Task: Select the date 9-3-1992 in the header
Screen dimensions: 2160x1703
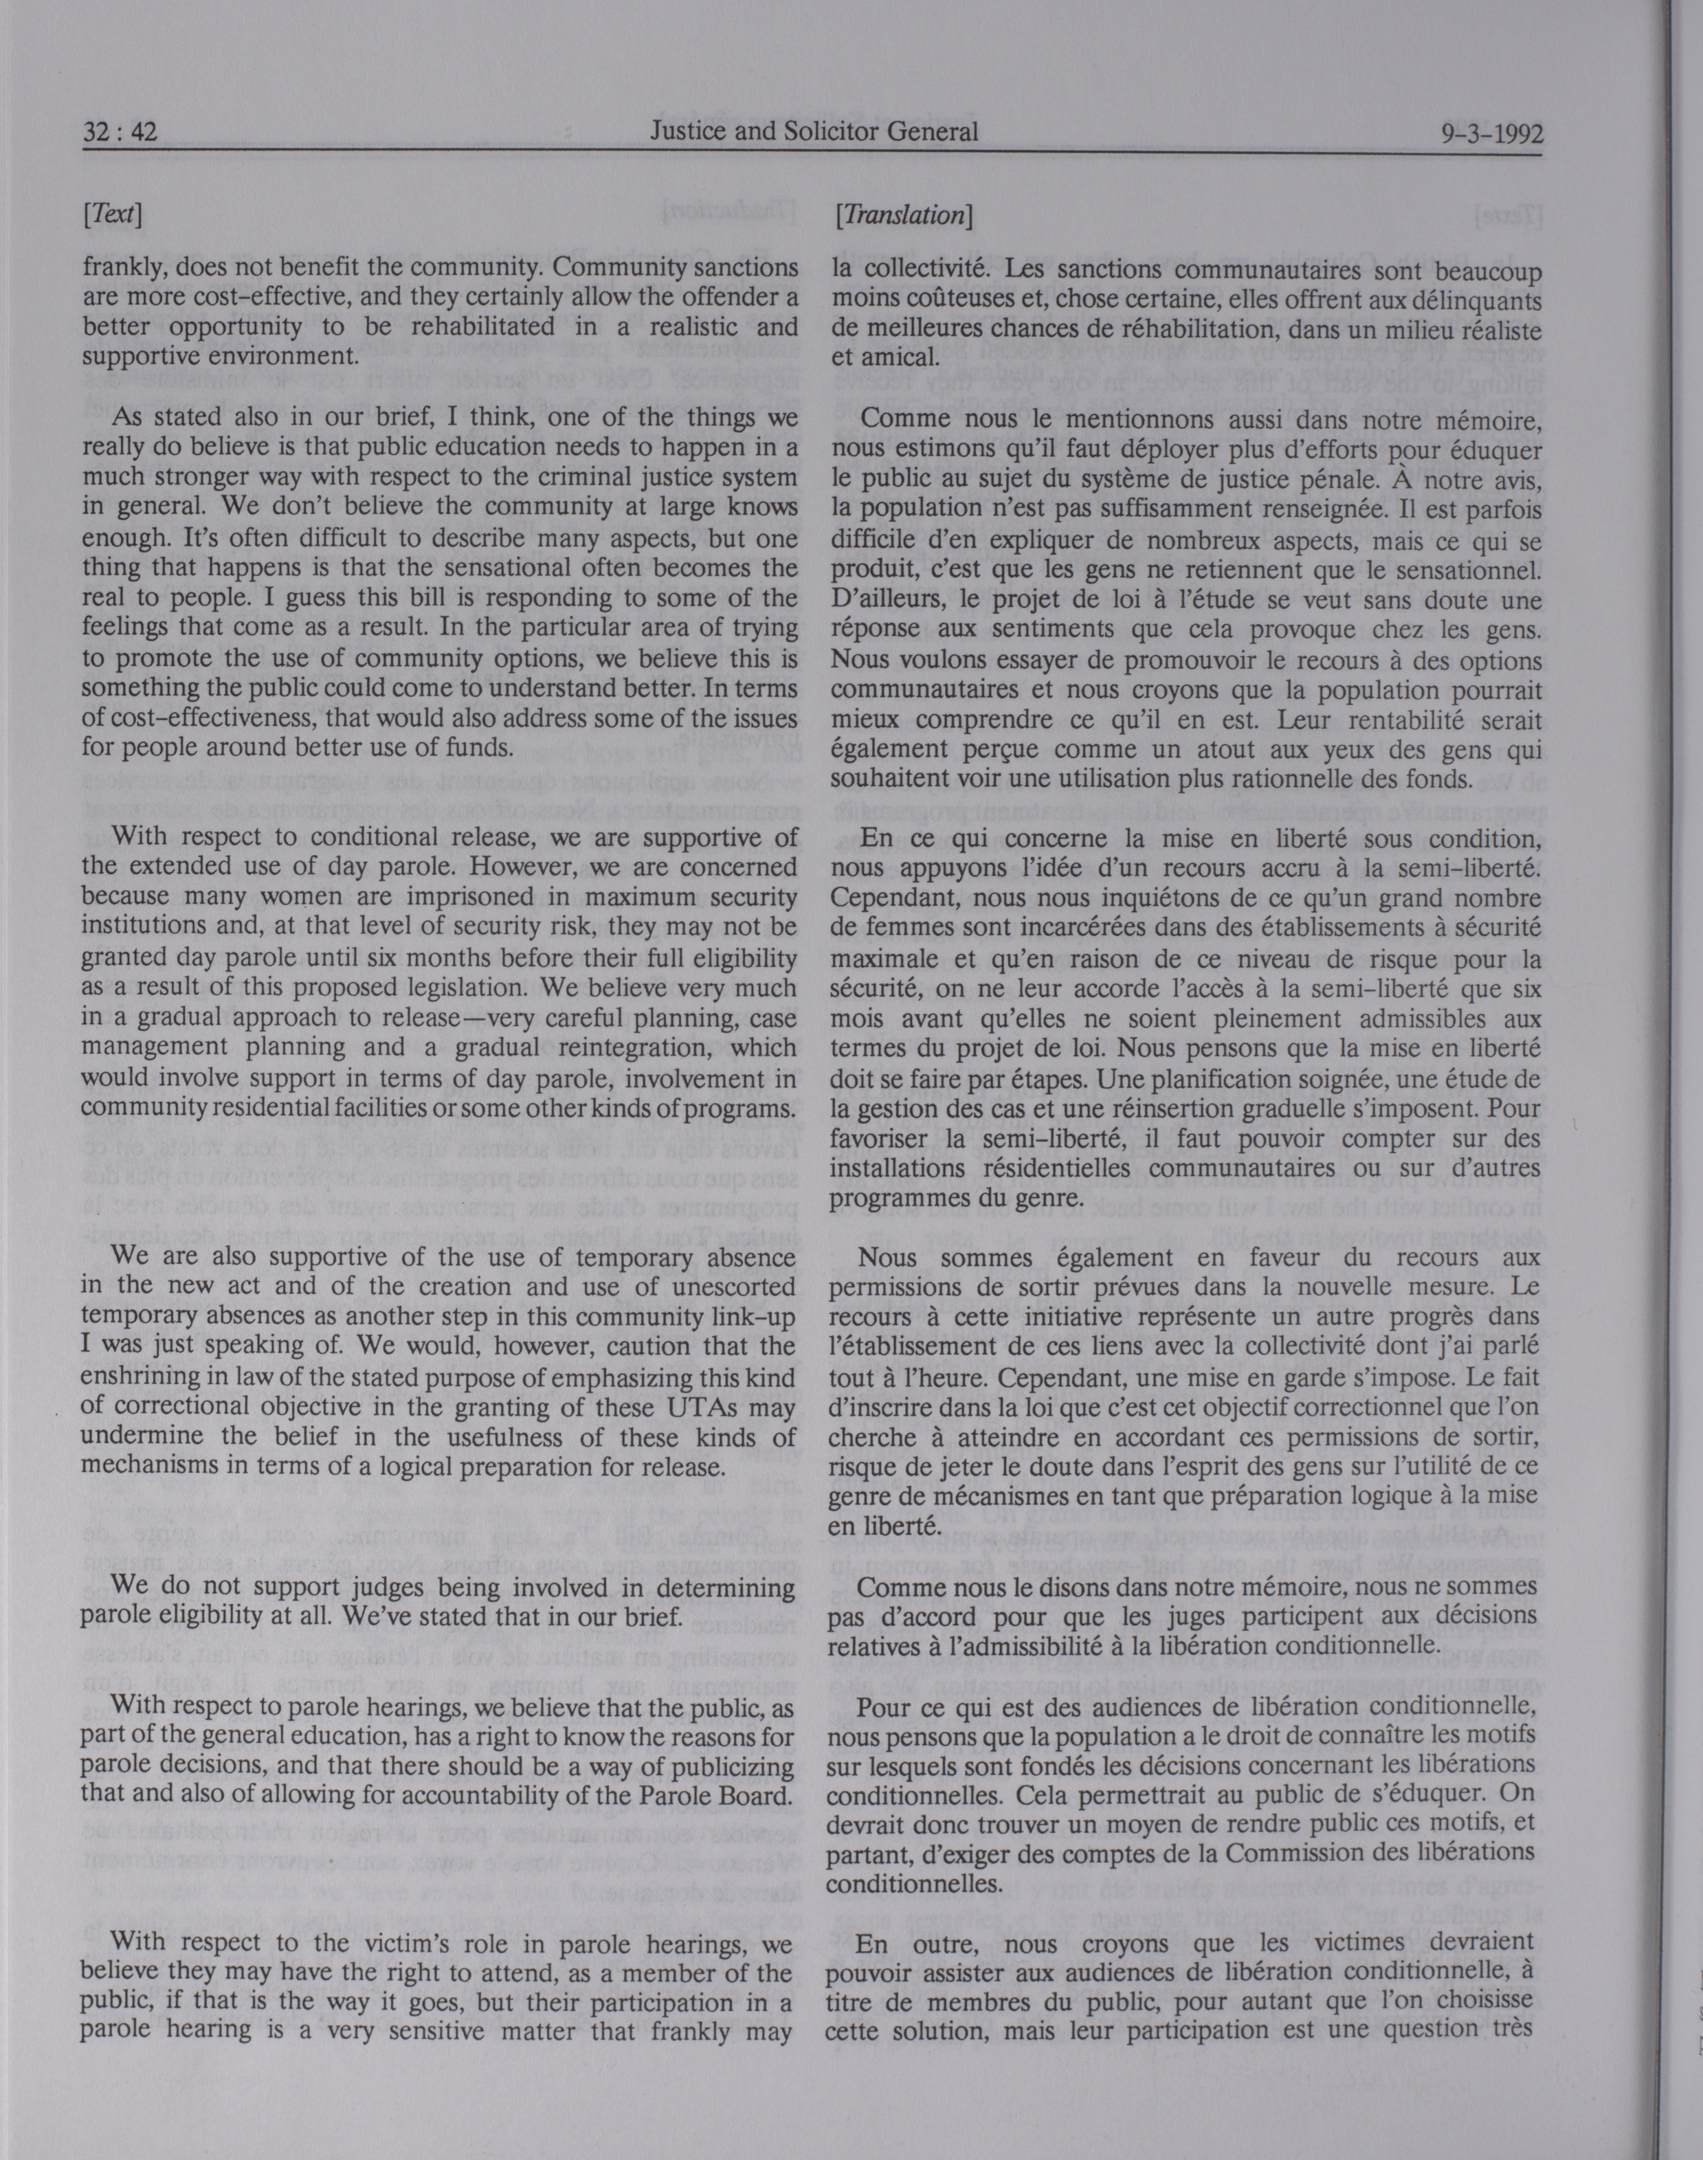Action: pyautogui.click(x=1491, y=133)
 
